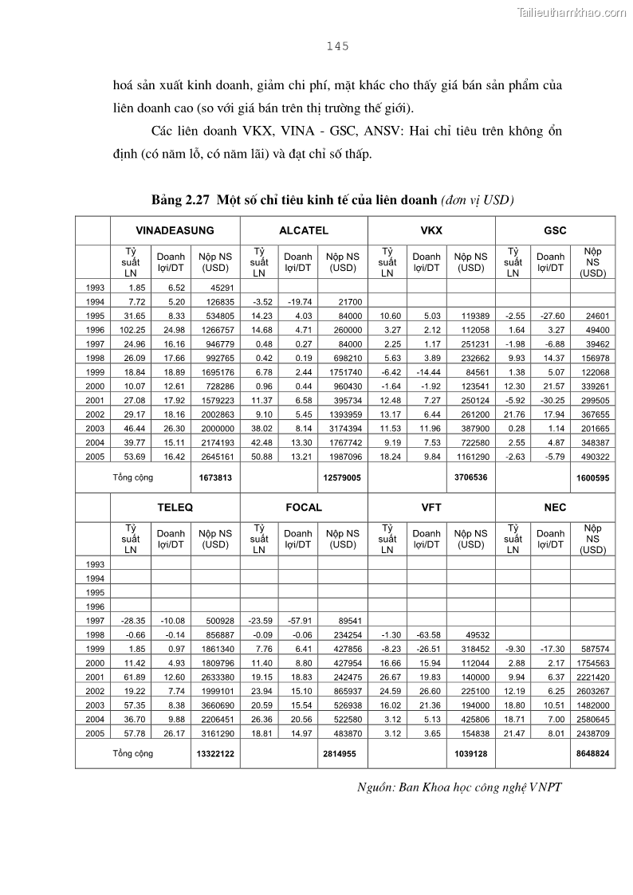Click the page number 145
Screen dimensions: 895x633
[338, 46]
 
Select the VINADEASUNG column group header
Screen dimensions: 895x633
[175, 230]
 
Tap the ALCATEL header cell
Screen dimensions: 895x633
[304, 230]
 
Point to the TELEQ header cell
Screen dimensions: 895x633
[175, 507]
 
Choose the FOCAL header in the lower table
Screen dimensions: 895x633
[304, 507]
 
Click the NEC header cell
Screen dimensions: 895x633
[555, 507]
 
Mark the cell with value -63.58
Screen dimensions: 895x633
[427, 634]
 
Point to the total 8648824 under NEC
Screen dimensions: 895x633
[593, 753]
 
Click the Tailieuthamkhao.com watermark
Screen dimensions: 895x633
[572, 12]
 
